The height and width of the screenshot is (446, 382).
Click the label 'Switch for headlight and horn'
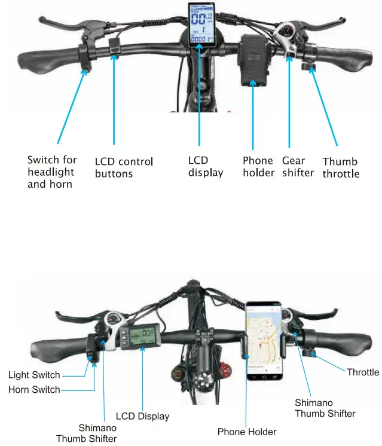(52, 172)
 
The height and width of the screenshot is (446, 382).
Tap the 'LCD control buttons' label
(124, 167)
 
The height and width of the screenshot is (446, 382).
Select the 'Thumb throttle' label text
(341, 167)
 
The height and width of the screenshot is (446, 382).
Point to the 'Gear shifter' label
(298, 166)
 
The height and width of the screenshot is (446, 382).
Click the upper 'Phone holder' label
(258, 166)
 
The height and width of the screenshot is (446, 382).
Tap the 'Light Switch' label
(34, 375)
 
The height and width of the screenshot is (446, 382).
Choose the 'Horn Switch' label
(34, 389)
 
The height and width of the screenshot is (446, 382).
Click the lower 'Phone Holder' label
(247, 431)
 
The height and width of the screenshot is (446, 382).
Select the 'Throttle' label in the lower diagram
(363, 372)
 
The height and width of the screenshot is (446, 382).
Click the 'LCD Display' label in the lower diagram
(142, 416)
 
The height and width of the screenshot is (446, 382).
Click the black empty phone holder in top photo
(254, 59)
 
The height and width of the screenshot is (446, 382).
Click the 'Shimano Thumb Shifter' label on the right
(325, 408)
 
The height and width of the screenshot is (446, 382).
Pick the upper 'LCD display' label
(205, 166)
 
